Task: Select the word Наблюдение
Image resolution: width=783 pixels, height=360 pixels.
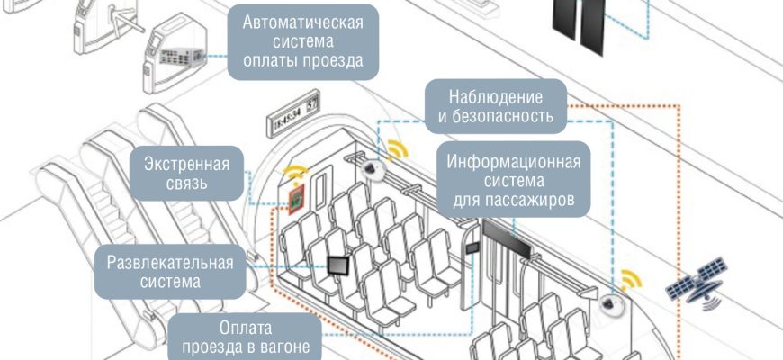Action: tap(496, 95)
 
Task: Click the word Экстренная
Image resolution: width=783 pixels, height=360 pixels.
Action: tap(186, 165)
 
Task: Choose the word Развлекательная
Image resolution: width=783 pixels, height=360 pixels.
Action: tap(170, 263)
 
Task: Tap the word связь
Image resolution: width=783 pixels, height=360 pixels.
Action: tap(186, 185)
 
